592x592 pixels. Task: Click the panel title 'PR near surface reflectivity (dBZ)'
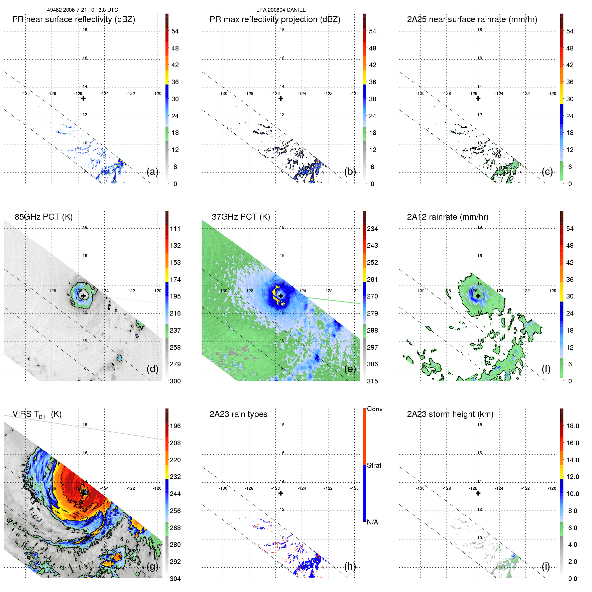[x=74, y=19]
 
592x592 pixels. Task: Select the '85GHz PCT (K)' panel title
[x=43, y=217]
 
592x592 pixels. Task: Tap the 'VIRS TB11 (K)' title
[x=37, y=415]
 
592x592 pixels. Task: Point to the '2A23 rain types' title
[x=238, y=414]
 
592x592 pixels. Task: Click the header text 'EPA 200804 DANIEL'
[x=281, y=10]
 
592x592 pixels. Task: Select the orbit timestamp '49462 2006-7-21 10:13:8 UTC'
[x=82, y=10]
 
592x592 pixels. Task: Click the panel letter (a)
[x=152, y=172]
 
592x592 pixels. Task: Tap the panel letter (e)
[x=350, y=369]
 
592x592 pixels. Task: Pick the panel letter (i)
[x=546, y=566]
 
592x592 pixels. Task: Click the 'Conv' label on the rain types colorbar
[x=375, y=409]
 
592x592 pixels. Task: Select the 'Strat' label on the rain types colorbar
[x=374, y=465]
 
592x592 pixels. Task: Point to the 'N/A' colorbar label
[x=372, y=522]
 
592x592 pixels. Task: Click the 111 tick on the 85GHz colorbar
[x=175, y=229]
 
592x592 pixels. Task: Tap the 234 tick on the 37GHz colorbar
[x=372, y=229]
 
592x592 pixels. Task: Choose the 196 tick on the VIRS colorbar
[x=175, y=426]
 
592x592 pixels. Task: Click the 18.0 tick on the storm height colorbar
[x=572, y=426]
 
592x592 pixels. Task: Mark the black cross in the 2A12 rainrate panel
[x=478, y=296]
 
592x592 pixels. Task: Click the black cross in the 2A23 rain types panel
[x=281, y=493]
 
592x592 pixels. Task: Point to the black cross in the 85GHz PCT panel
[x=83, y=296]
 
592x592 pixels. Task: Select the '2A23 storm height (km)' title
[x=450, y=414]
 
